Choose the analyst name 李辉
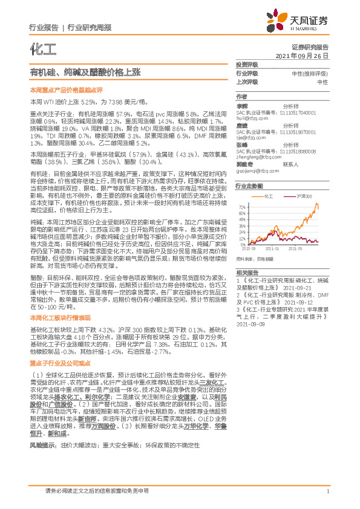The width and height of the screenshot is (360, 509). pos(241,105)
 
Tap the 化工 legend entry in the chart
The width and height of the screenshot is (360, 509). pos(269,196)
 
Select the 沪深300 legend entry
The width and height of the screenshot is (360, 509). pos(304,196)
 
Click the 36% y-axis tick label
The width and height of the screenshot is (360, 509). pos(243,227)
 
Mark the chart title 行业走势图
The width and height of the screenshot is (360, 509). pos(249,186)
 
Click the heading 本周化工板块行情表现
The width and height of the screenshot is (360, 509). pos(60,317)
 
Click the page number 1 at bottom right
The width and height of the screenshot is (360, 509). pos(327,491)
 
